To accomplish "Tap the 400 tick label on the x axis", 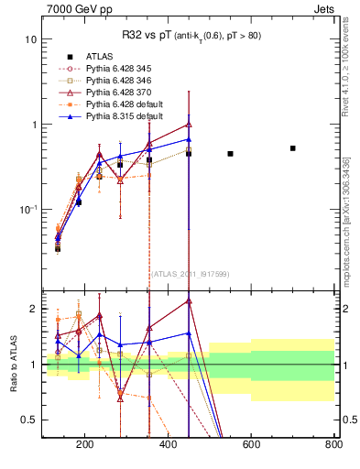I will coord(168,446).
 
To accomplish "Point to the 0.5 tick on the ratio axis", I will coord(29,420).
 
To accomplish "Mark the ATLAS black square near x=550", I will coord(230,154).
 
